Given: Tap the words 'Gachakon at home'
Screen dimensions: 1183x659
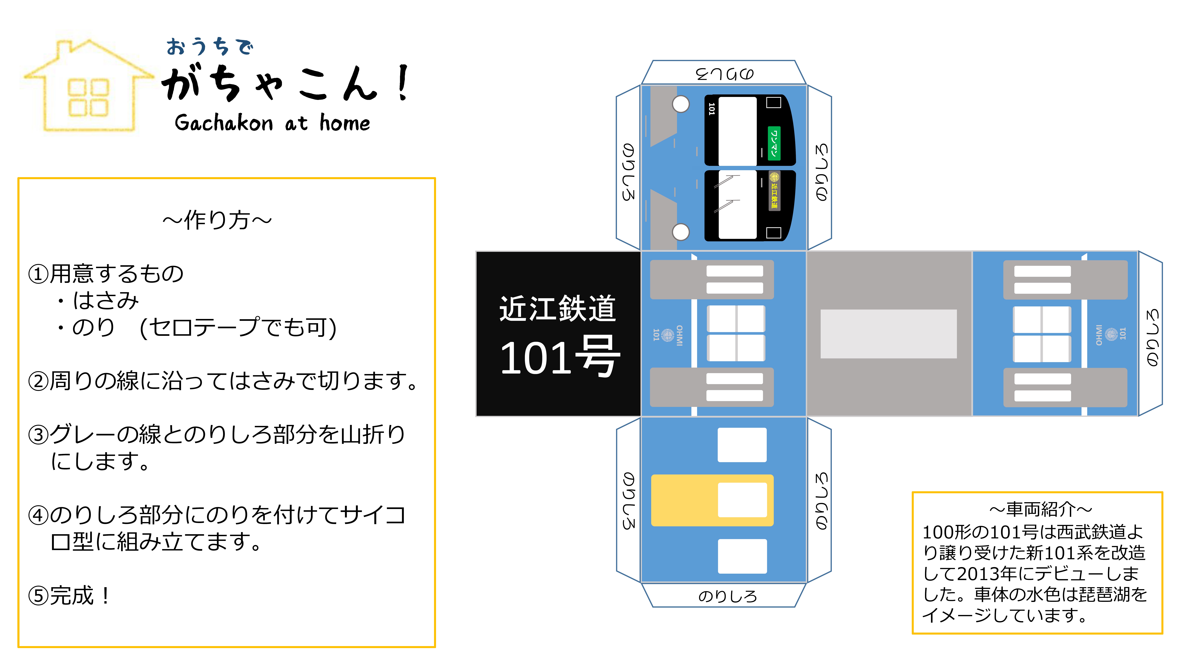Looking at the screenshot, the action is click(x=272, y=123).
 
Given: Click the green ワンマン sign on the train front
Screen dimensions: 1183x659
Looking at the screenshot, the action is click(x=774, y=143).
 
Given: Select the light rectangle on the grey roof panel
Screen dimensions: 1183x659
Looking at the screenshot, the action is click(x=889, y=334).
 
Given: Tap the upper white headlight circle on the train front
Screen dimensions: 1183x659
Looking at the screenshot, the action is click(x=681, y=104).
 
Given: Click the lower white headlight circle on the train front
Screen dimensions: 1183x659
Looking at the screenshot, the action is click(x=681, y=232).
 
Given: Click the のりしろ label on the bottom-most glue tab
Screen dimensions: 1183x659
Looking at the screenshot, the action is click(x=727, y=596).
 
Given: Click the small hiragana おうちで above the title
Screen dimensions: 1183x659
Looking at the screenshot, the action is click(x=209, y=46).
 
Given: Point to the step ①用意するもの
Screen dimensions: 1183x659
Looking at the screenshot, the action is click(x=106, y=274).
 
